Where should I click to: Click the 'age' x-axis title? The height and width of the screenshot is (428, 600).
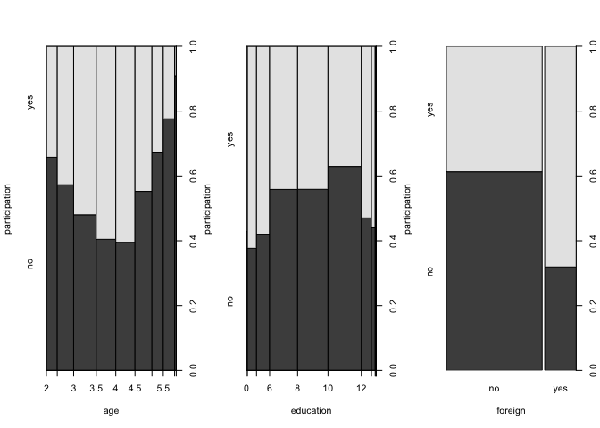pos(112,411)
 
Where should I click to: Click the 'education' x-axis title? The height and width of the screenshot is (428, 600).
pos(311,411)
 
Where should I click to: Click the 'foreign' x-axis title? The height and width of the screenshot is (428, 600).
pos(511,411)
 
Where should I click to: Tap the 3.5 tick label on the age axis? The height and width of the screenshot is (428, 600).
pos(96,390)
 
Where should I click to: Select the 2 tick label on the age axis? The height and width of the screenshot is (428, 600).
pos(46,390)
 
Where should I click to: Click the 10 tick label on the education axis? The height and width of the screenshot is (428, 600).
pos(328,390)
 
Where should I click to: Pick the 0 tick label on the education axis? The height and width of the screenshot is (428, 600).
pos(246,390)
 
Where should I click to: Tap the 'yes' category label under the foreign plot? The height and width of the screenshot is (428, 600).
pos(561,390)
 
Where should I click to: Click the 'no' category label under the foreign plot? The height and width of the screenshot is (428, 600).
pos(494,390)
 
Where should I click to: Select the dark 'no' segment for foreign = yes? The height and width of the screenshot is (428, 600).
pos(561,317)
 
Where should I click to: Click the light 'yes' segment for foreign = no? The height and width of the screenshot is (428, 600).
pos(494,108)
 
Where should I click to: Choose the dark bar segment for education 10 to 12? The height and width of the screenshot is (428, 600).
pos(344,267)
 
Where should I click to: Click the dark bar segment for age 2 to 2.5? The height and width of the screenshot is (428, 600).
pos(52,263)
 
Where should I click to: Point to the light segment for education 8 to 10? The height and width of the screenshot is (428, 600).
pos(312,117)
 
